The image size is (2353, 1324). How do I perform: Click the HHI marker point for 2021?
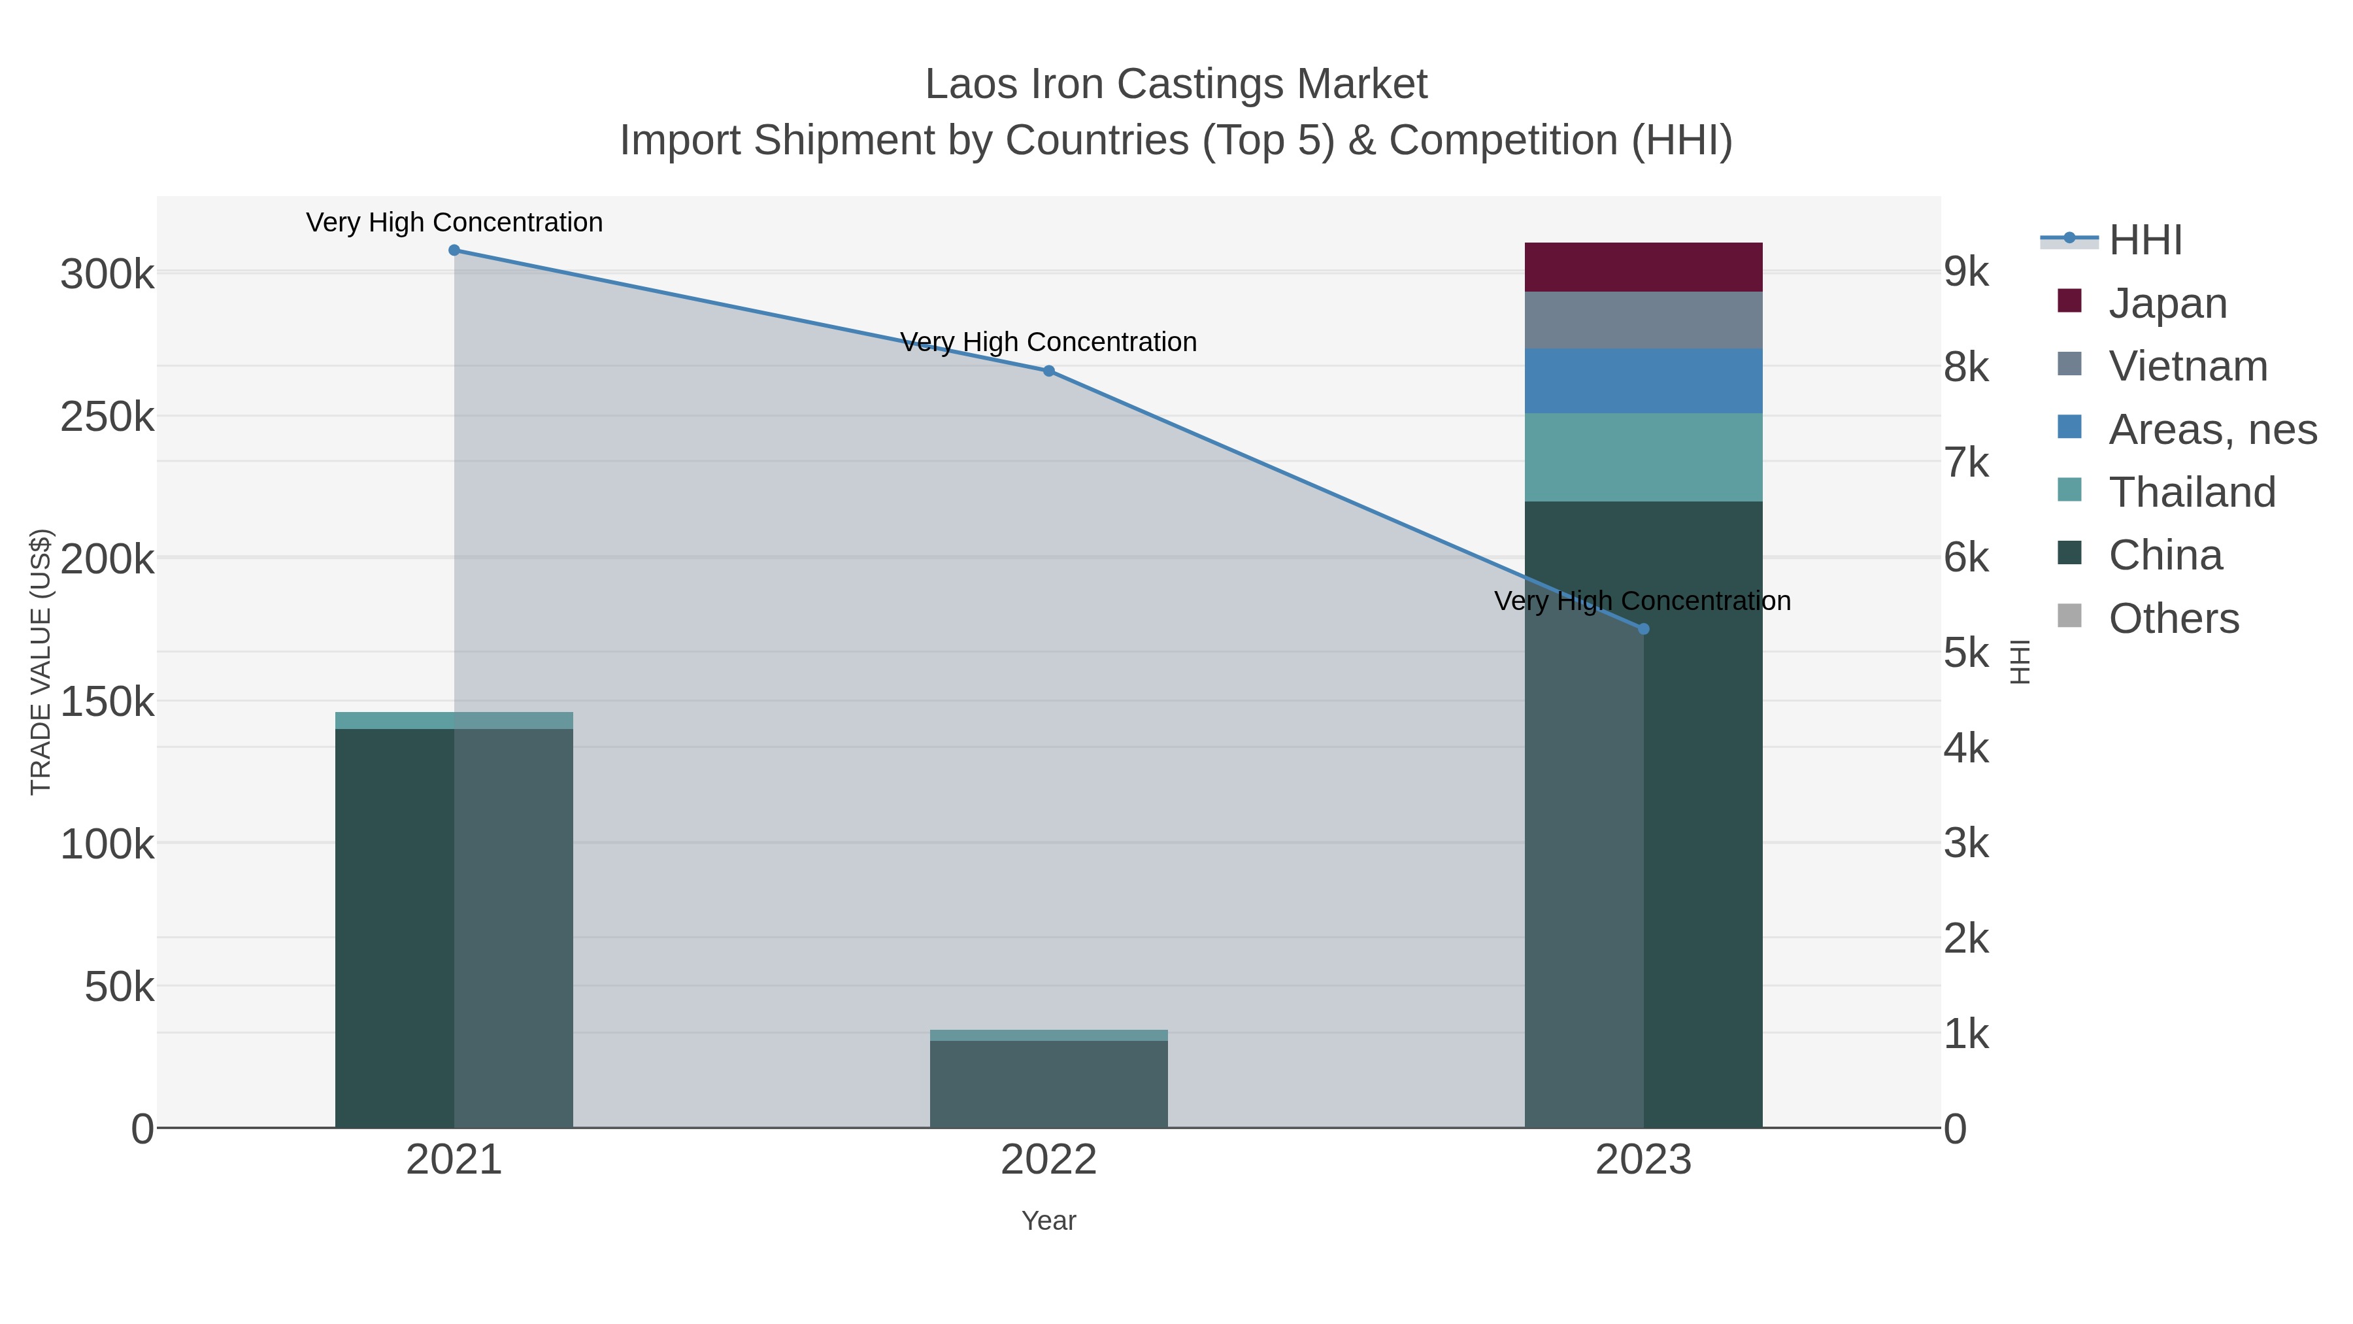click(x=454, y=250)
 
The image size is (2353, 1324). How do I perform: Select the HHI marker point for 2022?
click(x=1048, y=371)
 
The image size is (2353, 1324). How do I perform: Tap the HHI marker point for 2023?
click(x=1643, y=628)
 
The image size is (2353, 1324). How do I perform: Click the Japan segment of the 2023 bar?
click(x=1643, y=267)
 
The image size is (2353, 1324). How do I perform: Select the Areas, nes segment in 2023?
click(x=1643, y=381)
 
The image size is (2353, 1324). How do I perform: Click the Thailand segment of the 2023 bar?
click(x=1643, y=458)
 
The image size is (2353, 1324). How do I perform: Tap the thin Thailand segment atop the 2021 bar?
click(x=454, y=720)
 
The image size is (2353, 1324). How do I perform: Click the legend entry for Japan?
click(x=2167, y=303)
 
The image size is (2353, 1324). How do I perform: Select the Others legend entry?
click(x=2173, y=619)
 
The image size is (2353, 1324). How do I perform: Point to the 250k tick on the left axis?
click(x=107, y=418)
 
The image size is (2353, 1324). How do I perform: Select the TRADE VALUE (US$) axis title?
click(x=41, y=662)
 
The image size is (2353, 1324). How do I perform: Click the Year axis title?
click(x=1048, y=1221)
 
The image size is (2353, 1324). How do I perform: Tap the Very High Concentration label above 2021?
click(x=454, y=223)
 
